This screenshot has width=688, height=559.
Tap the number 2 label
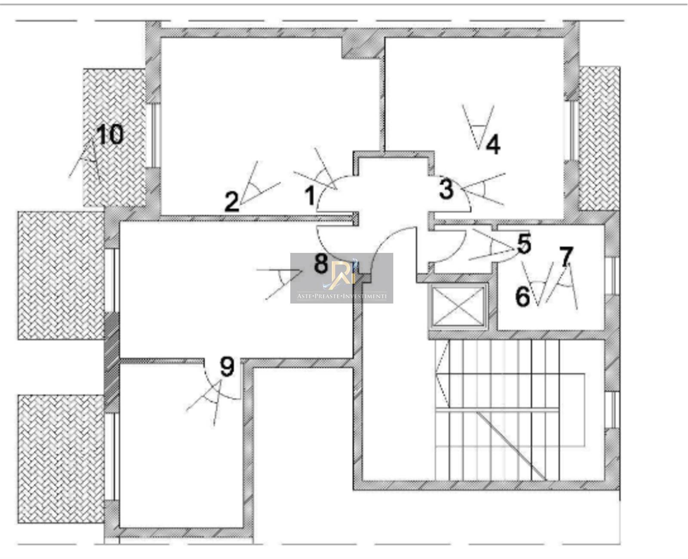[x=232, y=202]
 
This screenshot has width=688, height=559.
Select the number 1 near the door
[x=310, y=197]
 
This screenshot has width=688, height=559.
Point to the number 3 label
[x=446, y=189]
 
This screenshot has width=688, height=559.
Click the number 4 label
[x=493, y=144]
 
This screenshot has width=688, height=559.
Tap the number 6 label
[x=522, y=296]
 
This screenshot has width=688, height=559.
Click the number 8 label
[x=321, y=264]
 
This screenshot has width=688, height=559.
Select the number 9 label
[x=227, y=367]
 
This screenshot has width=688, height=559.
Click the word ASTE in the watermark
[x=304, y=296]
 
